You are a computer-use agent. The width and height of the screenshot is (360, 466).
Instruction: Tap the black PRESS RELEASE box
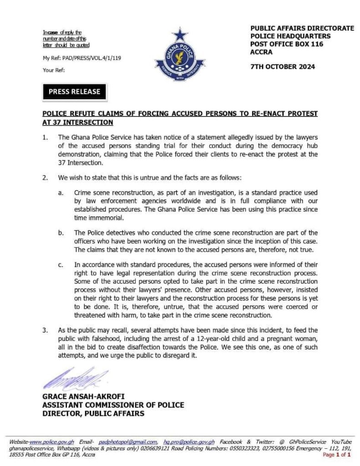point(74,91)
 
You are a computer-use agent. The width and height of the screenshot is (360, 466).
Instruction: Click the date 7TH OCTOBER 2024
point(283,66)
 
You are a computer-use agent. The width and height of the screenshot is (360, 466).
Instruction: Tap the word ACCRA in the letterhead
point(261,52)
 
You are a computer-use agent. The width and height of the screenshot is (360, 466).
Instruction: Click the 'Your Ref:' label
point(54,70)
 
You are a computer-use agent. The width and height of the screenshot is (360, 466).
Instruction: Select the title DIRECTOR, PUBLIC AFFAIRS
point(93,413)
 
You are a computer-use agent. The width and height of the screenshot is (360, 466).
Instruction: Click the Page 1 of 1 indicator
point(337,455)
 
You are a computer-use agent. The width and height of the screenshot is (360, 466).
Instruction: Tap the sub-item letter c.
point(61,264)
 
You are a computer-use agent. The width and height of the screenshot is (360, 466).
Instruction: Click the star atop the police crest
point(180,34)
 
